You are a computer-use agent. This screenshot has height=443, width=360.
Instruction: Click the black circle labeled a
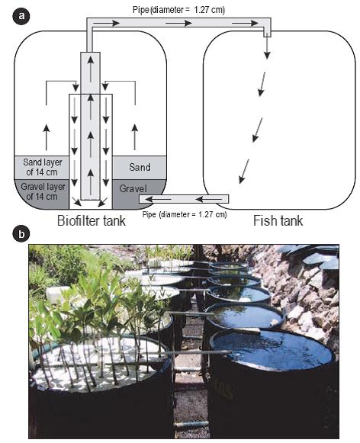[21, 16]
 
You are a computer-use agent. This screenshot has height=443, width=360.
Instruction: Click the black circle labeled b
[21, 234]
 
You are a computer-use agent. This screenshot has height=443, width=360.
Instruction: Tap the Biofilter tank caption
[92, 220]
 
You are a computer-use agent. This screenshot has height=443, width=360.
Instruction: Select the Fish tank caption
[278, 220]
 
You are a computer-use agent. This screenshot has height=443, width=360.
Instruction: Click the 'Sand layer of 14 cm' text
[43, 167]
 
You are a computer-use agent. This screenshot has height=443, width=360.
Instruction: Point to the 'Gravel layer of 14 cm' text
[43, 191]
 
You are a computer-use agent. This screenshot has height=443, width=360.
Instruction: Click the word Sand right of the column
[140, 167]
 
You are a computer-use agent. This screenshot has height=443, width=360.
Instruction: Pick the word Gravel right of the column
[133, 188]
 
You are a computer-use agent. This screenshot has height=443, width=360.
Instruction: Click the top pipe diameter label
[178, 10]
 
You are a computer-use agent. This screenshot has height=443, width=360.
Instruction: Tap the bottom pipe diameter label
[185, 214]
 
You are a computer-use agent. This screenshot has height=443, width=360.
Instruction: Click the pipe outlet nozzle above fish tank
[267, 34]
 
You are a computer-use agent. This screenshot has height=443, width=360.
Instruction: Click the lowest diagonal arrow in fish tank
[244, 172]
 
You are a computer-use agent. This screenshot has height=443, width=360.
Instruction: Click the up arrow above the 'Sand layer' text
[47, 136]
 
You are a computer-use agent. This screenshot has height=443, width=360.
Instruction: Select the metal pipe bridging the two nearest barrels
[198, 352]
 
